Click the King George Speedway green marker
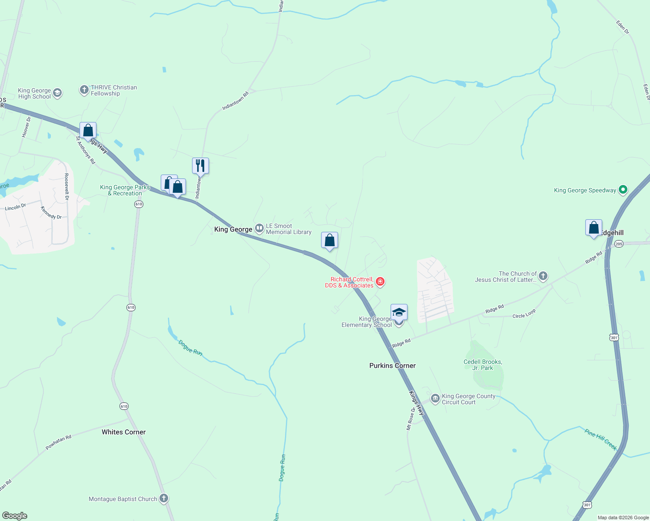(623, 190)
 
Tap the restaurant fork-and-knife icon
(200, 165)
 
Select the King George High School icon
(57, 93)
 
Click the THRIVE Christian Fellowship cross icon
(84, 90)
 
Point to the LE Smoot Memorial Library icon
(259, 228)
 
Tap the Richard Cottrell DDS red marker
(380, 282)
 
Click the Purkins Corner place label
(392, 366)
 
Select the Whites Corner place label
(123, 432)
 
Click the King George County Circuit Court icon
(435, 399)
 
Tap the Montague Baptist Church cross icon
(164, 498)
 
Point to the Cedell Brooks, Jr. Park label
(483, 365)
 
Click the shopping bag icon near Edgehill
(594, 228)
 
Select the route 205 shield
(619, 244)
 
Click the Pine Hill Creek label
(601, 439)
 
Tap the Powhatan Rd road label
(58, 442)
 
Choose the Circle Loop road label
(524, 314)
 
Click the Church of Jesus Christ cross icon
(543, 276)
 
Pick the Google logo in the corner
(15, 516)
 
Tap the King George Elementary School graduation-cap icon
(399, 313)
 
